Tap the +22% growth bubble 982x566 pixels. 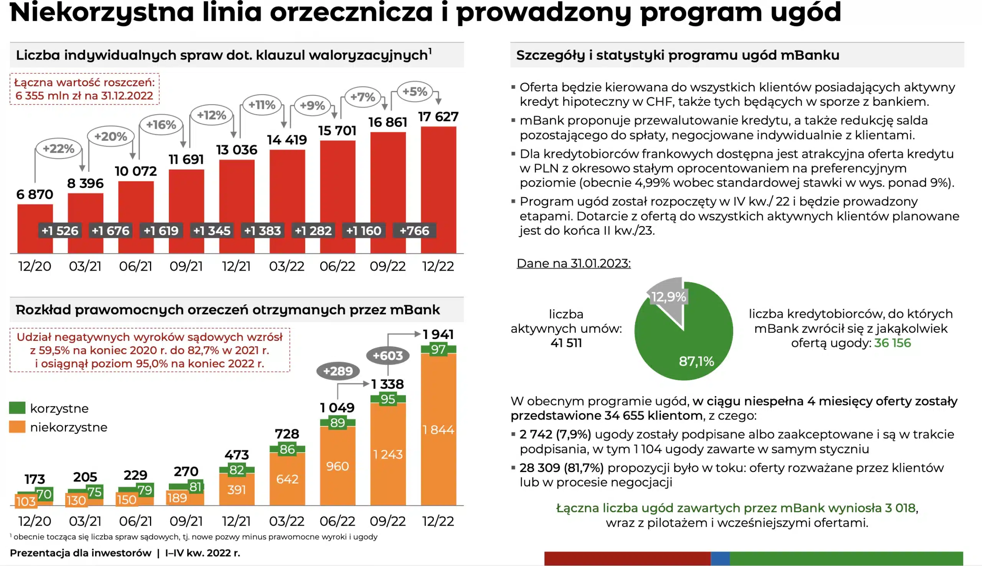(x=58, y=148)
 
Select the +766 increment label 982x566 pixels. (x=414, y=231)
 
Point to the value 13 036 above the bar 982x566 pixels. (x=236, y=150)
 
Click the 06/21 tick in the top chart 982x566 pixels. (x=135, y=266)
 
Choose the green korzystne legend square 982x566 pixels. (x=17, y=408)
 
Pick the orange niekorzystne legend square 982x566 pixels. (x=17, y=427)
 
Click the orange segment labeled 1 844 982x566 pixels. (x=438, y=429)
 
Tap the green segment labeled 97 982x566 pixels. (x=438, y=349)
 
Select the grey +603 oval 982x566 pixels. (x=387, y=356)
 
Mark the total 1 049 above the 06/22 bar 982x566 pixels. (x=337, y=407)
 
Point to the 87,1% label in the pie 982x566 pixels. (x=696, y=362)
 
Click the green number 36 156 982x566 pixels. (x=892, y=343)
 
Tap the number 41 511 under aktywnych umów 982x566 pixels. (x=566, y=343)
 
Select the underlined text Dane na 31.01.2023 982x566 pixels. (x=573, y=263)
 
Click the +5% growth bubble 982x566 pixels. (x=415, y=92)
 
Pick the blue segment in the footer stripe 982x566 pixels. (x=720, y=558)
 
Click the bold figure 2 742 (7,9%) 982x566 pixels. (x=555, y=434)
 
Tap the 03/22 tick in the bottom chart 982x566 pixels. (x=287, y=521)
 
